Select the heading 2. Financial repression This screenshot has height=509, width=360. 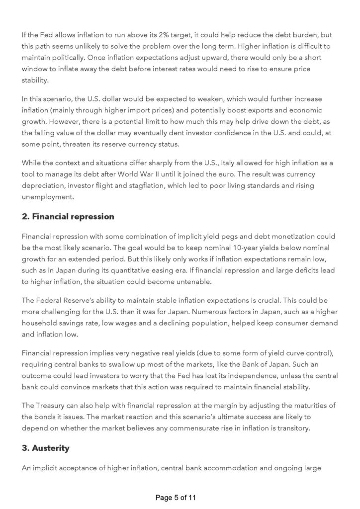(68, 216)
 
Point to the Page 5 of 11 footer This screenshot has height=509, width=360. (180, 497)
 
